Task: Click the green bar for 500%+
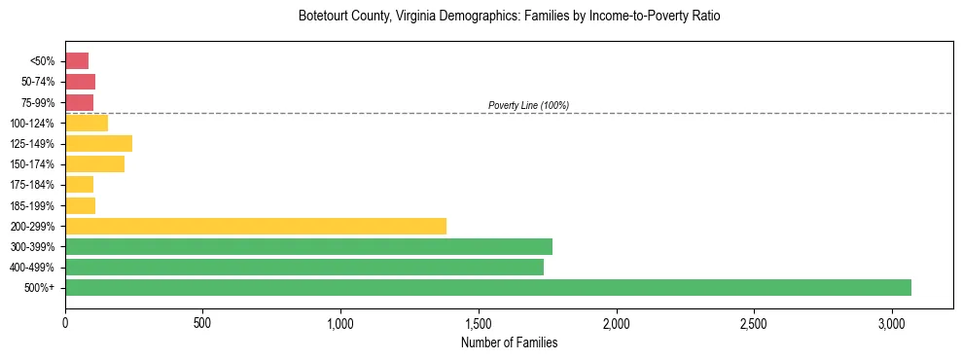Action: coord(488,287)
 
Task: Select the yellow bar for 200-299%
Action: coord(256,226)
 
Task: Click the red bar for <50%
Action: coord(77,61)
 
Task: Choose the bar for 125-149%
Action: coord(98,143)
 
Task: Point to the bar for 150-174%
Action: coord(94,164)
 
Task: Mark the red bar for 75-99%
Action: coord(79,102)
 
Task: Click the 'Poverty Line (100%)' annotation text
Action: coord(528,105)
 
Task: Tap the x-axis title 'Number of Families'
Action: coord(509,342)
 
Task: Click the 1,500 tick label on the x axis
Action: coord(479,322)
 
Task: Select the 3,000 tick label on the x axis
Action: coord(892,322)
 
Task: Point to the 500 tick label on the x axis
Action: coord(203,322)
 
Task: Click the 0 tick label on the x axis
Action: coord(65,322)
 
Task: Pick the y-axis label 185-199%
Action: coord(32,205)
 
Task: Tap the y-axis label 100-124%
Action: coord(32,124)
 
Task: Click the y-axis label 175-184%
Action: coord(32,185)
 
